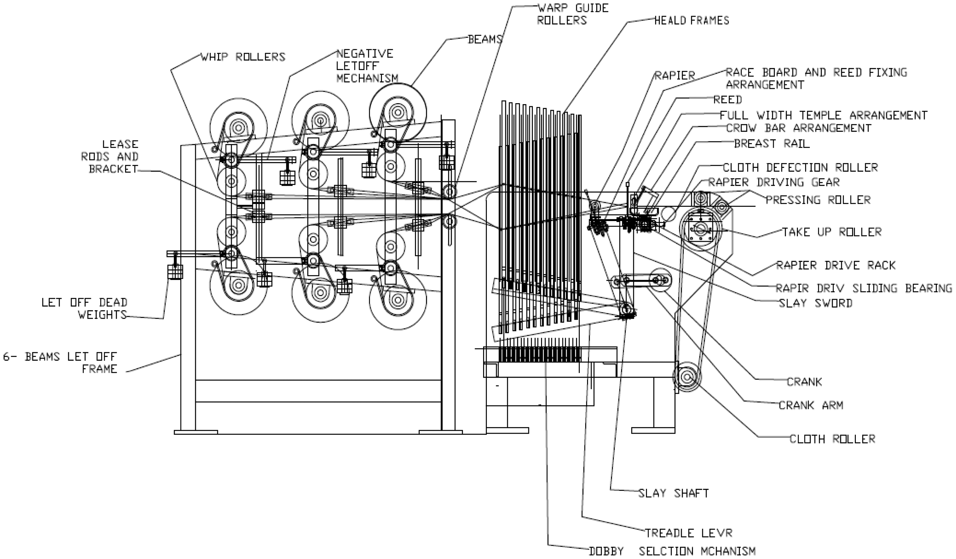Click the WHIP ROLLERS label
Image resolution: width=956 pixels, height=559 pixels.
coord(243,57)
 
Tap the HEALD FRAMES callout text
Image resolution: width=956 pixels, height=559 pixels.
coord(692,20)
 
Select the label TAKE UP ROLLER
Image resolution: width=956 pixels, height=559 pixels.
coord(832,232)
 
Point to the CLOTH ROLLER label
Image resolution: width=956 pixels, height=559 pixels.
coord(832,439)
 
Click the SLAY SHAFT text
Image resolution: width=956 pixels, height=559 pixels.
coord(673,493)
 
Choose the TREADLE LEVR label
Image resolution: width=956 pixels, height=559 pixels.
coord(689,533)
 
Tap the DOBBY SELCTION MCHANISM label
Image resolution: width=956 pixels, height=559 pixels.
coord(672,551)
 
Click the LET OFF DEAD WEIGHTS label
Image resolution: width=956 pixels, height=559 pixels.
coord(84,309)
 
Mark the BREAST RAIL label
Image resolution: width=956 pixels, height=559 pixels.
coord(772,144)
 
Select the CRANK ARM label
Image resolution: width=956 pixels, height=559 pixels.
coord(811,405)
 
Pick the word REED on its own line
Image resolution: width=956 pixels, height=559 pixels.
coord(728,100)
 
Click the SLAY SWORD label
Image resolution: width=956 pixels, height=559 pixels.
coord(816,303)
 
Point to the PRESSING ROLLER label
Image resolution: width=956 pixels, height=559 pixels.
coord(818,200)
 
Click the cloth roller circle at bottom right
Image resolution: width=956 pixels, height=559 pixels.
coord(687,377)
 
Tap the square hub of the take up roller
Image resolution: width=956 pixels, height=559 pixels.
coord(700,228)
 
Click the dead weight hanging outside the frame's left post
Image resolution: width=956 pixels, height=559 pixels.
coord(175,272)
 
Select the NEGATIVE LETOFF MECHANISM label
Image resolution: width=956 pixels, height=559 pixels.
coord(367,66)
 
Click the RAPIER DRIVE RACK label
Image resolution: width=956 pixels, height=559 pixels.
coord(836,265)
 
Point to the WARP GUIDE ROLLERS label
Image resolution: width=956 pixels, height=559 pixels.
coord(573,14)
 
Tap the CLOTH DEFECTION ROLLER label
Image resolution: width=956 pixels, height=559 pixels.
coord(800,168)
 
